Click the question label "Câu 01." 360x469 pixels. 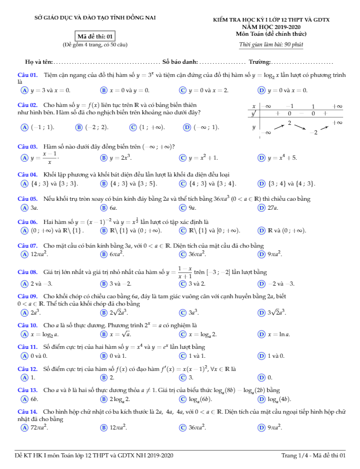tap(27, 75)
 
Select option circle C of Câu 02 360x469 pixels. tap(133, 127)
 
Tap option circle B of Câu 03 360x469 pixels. tap(104, 158)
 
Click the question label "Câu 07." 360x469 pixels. tap(27, 246)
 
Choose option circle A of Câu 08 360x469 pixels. tap(24, 284)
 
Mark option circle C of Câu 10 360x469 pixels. tap(182, 334)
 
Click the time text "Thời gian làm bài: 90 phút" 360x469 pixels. tap(271, 45)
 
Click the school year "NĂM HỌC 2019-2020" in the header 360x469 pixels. tap(271, 26)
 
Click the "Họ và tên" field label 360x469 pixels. tap(38, 62)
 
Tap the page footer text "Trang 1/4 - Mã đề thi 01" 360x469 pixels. tap(313, 455)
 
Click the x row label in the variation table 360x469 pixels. tap(254, 106)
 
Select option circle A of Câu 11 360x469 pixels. tap(24, 356)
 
